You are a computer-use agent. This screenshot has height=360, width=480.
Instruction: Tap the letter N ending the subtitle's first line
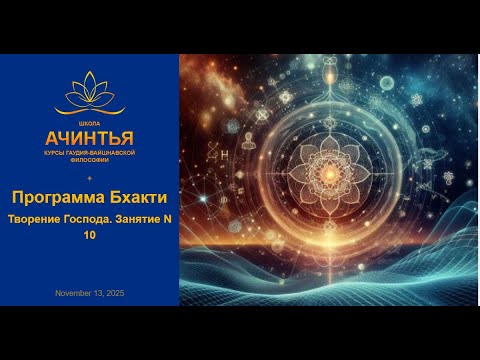[166, 220]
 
